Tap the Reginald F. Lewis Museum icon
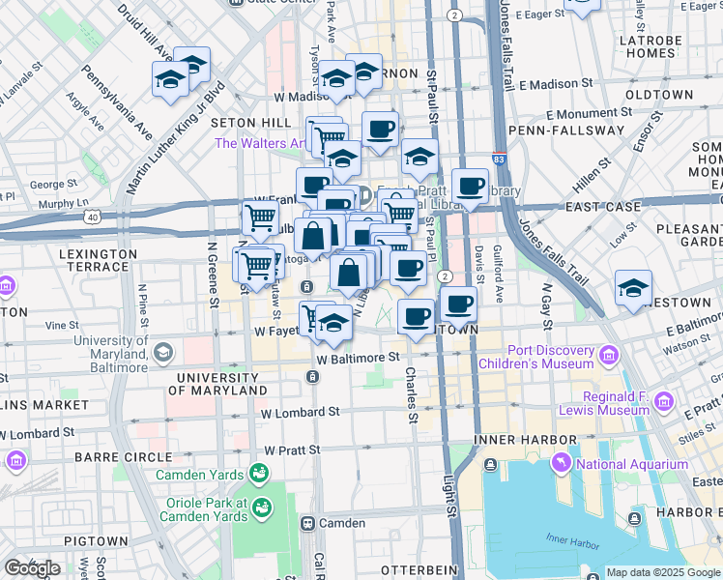[x=664, y=400]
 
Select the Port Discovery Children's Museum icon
[x=609, y=356]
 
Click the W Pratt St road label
[x=304, y=450]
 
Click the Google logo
[x=32, y=568]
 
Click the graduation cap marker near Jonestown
[x=633, y=288]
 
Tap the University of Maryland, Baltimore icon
[x=162, y=352]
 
